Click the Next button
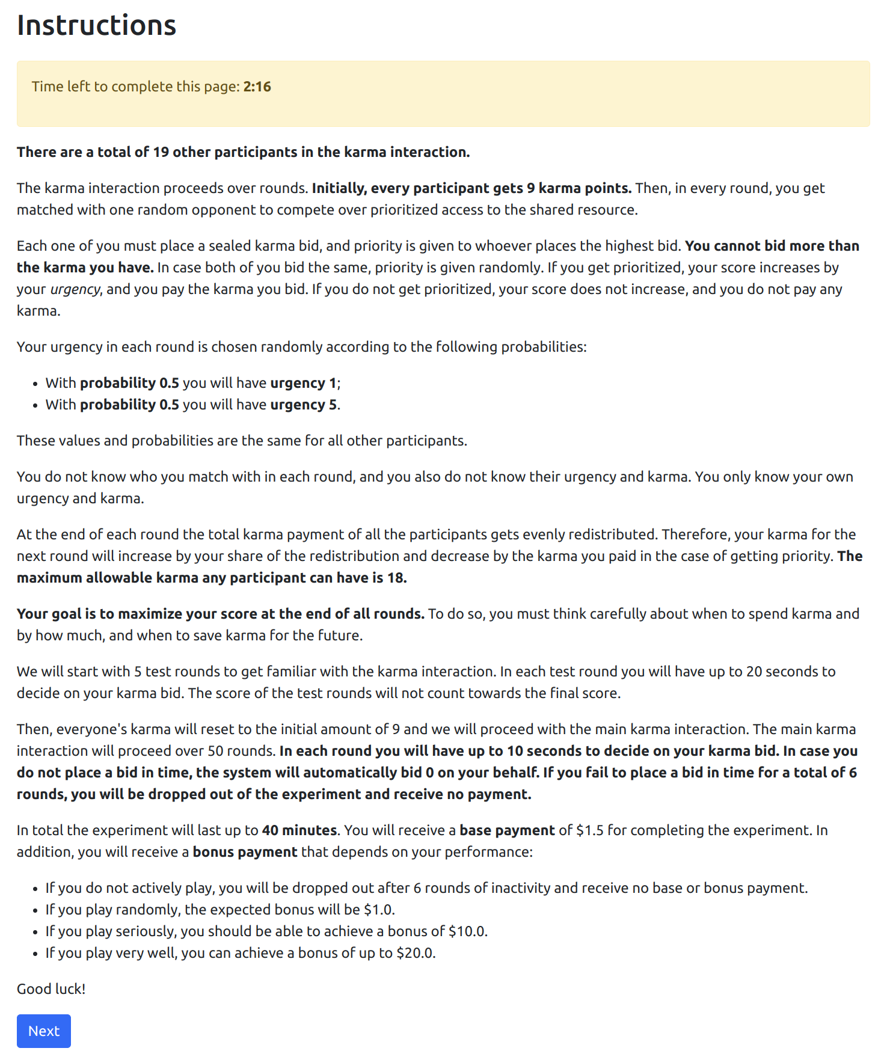click(x=43, y=1031)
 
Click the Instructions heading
click(x=96, y=25)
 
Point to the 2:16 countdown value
click(x=257, y=87)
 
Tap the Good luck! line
click(x=51, y=988)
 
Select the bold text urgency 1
click(x=304, y=383)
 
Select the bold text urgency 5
click(x=304, y=405)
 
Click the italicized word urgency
click(x=75, y=289)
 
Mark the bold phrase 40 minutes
click(x=299, y=830)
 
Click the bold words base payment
click(x=507, y=830)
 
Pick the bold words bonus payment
click(x=245, y=852)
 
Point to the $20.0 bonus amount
click(x=415, y=953)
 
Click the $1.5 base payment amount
click(x=590, y=830)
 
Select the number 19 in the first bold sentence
click(x=161, y=152)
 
